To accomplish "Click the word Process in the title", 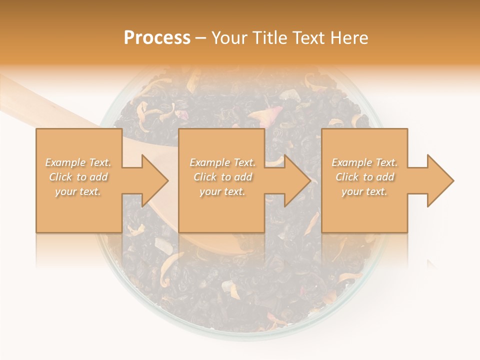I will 157,38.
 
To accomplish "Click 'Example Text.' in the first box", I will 78,162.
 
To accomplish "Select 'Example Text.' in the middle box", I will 222,162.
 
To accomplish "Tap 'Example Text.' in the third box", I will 364,162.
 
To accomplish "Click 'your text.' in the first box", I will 78,191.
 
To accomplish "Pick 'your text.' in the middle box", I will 222,191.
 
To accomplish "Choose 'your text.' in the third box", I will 364,191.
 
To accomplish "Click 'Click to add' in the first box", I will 78,177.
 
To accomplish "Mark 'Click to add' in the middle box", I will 222,177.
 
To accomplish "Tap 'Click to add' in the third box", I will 364,177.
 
